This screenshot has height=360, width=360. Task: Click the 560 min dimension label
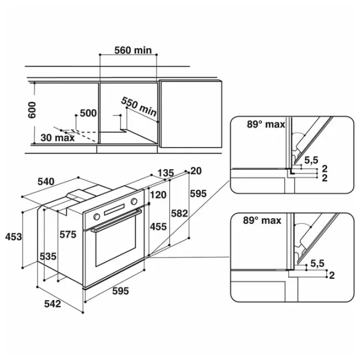[x=133, y=50]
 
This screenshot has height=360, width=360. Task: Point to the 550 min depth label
[x=139, y=107]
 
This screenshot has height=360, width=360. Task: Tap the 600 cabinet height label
[x=32, y=110]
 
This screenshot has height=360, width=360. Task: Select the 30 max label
[x=58, y=138]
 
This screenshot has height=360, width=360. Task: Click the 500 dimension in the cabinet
[x=88, y=113]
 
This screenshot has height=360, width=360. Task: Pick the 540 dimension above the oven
[x=46, y=182]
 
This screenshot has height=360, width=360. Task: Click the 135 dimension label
[x=166, y=173]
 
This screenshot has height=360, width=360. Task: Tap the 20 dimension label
[x=196, y=171]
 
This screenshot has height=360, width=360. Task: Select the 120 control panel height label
[x=158, y=195]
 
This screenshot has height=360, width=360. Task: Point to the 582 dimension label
[x=179, y=214]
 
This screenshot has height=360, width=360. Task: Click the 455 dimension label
[x=158, y=227]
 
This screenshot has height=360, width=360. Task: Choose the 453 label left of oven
[x=14, y=237]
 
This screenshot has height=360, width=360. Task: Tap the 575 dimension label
[x=68, y=235]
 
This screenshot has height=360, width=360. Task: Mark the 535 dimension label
[x=48, y=256]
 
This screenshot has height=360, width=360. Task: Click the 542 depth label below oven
[x=53, y=304]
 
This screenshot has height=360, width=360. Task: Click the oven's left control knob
[x=97, y=217]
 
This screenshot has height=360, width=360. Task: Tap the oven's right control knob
[x=134, y=202]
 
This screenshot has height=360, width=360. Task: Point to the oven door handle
[x=116, y=220]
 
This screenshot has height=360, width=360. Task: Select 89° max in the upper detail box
[x=266, y=124]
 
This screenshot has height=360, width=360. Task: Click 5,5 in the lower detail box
[x=317, y=263]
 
